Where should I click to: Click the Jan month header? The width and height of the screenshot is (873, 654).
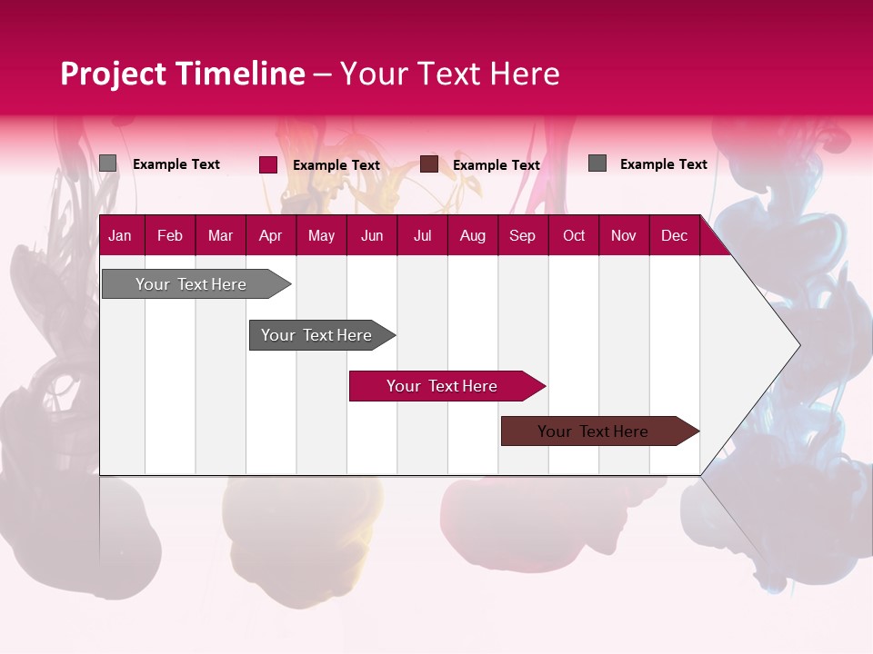click(x=120, y=235)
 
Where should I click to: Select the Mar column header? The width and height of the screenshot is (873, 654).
click(x=220, y=235)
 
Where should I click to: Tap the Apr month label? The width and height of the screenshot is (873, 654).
click(x=270, y=235)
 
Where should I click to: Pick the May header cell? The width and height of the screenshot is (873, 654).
click(x=321, y=235)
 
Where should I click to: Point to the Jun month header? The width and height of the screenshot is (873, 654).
click(x=372, y=235)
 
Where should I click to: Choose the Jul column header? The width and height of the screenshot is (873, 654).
click(x=422, y=235)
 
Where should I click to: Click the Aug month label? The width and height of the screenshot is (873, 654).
click(x=472, y=235)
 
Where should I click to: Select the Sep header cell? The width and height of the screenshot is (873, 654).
click(x=522, y=235)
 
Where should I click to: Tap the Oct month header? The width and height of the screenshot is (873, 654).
click(x=574, y=235)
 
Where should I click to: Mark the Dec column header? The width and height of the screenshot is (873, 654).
click(x=674, y=235)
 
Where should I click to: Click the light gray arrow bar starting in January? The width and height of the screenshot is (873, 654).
click(x=192, y=284)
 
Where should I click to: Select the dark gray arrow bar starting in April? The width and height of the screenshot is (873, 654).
click(x=317, y=335)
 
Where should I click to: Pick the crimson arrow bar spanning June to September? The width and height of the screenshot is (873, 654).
click(x=443, y=386)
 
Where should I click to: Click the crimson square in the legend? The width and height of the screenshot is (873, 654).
click(x=268, y=164)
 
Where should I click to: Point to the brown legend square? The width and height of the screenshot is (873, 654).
click(x=429, y=164)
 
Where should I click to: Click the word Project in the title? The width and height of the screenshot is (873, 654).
click(x=114, y=74)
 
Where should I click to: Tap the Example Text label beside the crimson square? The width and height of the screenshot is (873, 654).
click(x=336, y=165)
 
